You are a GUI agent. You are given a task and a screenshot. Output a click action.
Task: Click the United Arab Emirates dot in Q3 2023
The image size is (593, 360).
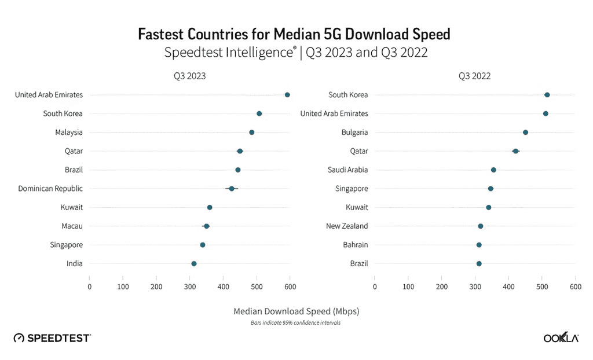287,95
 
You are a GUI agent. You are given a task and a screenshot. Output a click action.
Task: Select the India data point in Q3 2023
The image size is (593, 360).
194,264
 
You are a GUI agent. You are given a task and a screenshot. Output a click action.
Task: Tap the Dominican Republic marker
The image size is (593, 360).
232,189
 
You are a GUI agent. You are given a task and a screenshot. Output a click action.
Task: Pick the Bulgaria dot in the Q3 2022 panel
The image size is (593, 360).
525,133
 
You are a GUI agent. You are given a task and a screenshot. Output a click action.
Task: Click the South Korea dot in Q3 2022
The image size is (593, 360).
547,95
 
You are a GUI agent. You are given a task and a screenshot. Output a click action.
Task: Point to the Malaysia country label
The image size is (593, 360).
69,133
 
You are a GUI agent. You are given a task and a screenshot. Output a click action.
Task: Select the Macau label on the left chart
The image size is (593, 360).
72,226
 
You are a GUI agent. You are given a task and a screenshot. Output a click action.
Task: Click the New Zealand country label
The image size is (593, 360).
347,226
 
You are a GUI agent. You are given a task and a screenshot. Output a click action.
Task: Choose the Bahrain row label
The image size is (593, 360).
354,245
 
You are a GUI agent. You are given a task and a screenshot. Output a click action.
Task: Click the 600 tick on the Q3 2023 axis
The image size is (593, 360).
291,286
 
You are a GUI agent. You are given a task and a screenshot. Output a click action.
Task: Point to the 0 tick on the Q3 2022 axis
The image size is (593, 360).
375,286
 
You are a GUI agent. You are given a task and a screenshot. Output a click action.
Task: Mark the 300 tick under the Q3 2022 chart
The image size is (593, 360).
475,286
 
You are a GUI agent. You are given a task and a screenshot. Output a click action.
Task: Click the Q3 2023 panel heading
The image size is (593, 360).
189,76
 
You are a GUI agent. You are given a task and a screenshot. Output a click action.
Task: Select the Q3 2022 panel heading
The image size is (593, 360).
475,76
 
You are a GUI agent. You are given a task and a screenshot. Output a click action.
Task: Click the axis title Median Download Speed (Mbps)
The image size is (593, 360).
296,311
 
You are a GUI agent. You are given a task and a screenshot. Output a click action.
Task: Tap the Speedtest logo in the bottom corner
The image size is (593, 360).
52,338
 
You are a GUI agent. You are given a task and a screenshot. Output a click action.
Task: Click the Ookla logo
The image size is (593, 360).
561,338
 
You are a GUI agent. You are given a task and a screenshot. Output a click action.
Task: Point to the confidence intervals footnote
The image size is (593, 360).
295,323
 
